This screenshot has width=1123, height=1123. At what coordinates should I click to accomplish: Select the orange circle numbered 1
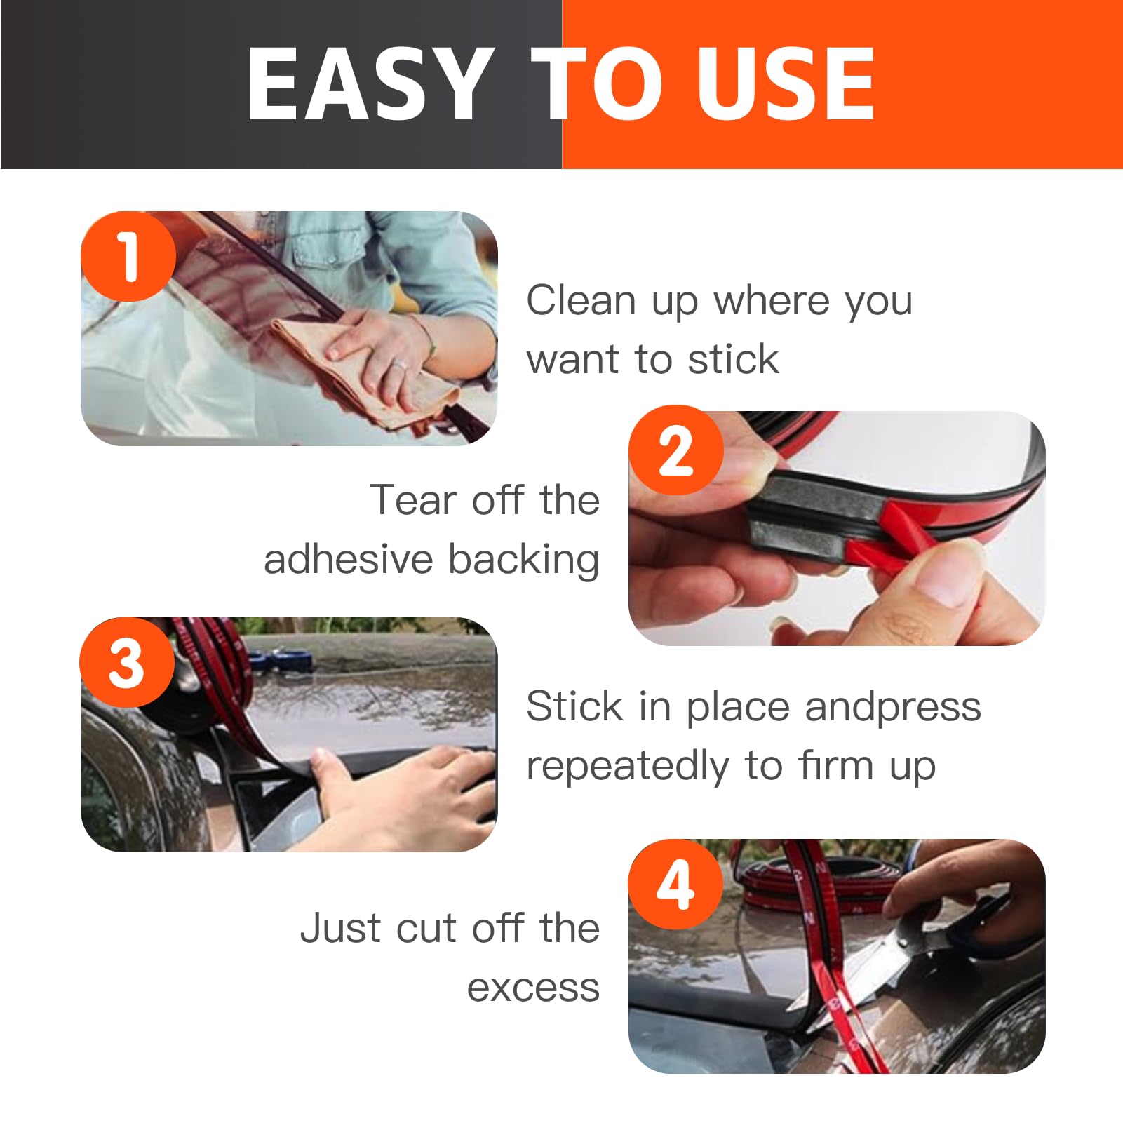coord(128,257)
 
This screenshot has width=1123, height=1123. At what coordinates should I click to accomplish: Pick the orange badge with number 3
coord(127,663)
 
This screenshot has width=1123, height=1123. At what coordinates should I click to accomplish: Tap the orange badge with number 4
coord(675,885)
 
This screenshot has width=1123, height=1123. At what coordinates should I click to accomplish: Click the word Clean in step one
coord(582,301)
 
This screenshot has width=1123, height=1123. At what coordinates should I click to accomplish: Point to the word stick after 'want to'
coord(733,360)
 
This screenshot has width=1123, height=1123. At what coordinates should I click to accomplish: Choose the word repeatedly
coord(628,767)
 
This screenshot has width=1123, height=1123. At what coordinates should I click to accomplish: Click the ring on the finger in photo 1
coord(398,365)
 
